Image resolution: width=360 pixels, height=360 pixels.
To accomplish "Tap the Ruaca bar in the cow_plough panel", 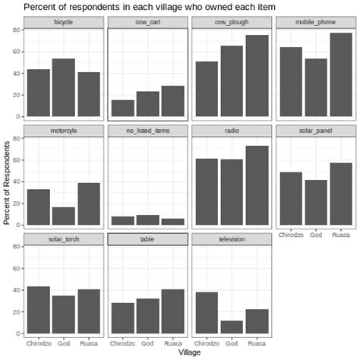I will pos(257,76).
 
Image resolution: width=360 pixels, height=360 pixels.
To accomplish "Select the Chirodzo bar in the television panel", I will pos(206,312).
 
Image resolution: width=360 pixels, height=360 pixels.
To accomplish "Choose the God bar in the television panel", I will pos(232,327).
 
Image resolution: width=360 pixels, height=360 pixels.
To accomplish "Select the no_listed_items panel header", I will pos(147,131).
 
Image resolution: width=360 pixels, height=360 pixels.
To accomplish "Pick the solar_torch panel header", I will pos(64,239).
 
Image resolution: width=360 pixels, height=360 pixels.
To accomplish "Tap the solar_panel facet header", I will pos(315,131).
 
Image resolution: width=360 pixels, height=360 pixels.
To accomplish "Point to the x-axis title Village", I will pos(189,353).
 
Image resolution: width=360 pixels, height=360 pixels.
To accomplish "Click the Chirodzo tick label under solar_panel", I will pos(290,235).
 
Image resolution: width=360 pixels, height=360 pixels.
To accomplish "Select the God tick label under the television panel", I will pos(232,343).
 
